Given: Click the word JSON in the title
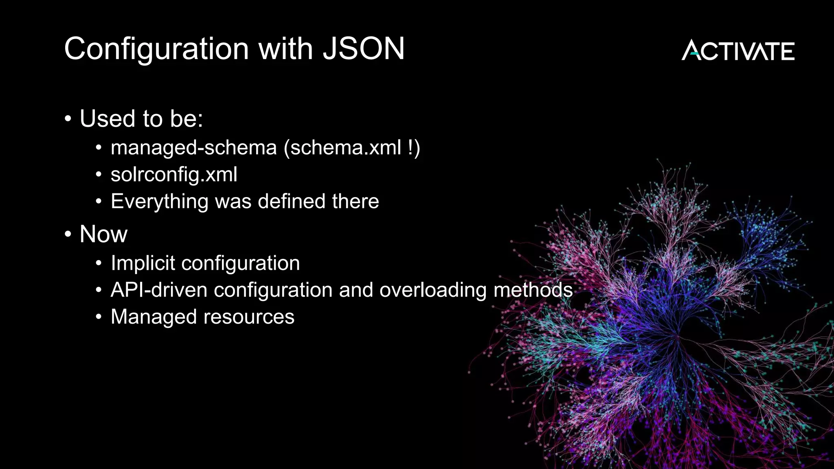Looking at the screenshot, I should [363, 49].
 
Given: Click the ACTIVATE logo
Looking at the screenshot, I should [738, 50].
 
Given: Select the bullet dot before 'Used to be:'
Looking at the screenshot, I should [68, 119].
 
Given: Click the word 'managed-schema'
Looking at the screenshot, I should [194, 148].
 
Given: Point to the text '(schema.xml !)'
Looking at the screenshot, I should [352, 148].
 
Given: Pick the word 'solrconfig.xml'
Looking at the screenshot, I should [174, 175].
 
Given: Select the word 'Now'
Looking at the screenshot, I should [103, 234].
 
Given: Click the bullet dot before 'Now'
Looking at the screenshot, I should [68, 234].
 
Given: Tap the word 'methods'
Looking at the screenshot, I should [533, 290].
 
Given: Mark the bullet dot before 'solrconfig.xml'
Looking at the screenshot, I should [99, 175].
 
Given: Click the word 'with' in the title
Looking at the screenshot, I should [285, 49].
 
